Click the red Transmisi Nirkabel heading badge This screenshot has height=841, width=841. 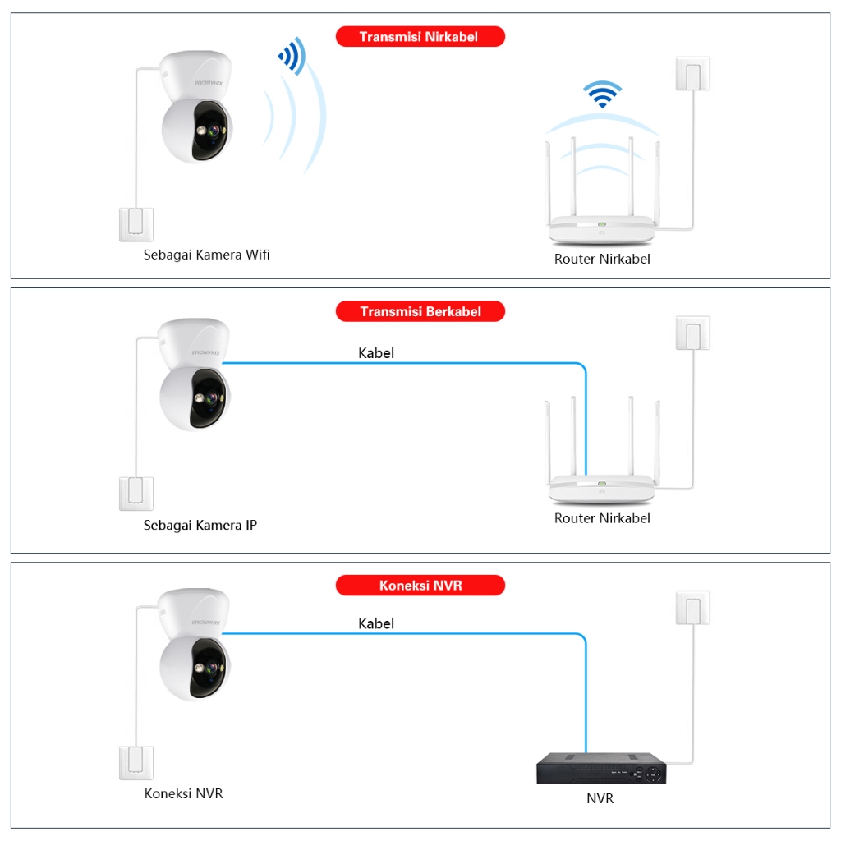pos(420,36)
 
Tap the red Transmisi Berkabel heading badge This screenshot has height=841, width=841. pos(420,311)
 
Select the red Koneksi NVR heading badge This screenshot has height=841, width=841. pos(420,585)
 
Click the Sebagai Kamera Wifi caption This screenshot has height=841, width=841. pos(206,255)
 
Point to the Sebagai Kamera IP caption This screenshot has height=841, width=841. pos(200,525)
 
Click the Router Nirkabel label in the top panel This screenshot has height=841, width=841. pos(602,259)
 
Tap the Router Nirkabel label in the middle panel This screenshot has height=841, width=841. pos(602,518)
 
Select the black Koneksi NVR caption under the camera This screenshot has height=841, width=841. pos(183,793)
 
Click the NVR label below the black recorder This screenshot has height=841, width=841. pos(600,798)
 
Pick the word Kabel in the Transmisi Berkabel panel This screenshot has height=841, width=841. pos(376,353)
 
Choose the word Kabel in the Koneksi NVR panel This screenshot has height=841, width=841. pos(376,623)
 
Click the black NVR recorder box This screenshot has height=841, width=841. pos(601,768)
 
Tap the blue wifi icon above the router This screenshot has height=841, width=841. pos(602,94)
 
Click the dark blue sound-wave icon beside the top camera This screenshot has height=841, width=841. pos(292,56)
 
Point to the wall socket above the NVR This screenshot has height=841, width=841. pos(693,608)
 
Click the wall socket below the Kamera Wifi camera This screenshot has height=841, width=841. pos(136,225)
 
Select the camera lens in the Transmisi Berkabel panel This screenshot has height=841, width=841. pos(212,398)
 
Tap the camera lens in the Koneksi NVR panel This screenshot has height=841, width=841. pos(212,669)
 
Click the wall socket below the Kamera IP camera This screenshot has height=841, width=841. pos(136,494)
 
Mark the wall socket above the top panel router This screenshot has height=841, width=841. pos(693,73)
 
